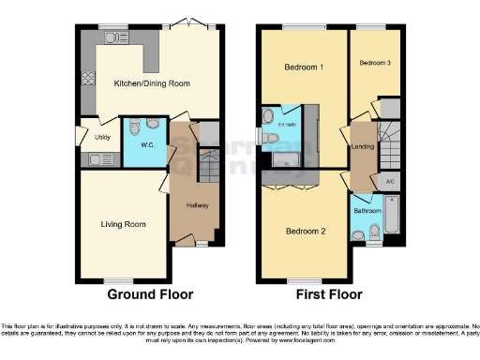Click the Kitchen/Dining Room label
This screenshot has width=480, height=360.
tap(151, 83)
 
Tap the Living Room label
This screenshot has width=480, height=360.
tap(124, 224)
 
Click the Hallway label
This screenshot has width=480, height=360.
tap(197, 206)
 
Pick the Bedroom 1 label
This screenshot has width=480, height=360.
tap(304, 67)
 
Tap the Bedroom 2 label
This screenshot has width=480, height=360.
tap(305, 231)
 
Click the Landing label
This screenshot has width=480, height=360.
tap(362, 147)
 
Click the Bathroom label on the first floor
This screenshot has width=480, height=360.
tap(367, 211)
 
